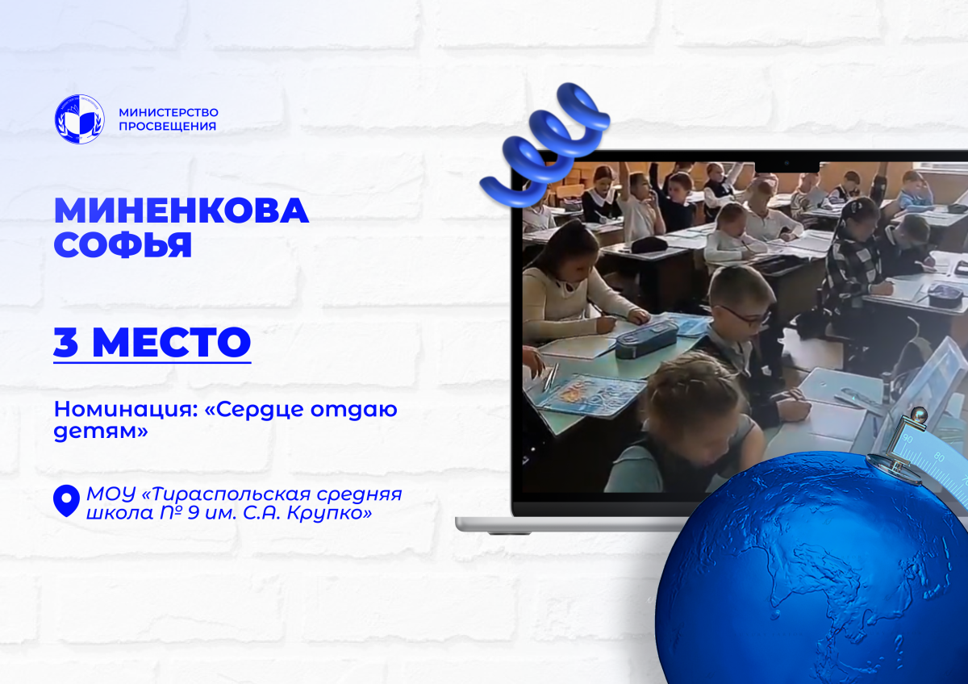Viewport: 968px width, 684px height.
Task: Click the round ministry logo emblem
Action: (80, 119)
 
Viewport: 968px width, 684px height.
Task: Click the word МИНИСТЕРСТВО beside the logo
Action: (169, 112)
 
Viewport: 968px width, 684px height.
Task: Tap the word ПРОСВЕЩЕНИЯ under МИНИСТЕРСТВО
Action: (167, 126)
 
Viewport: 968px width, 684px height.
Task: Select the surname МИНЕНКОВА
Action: (181, 211)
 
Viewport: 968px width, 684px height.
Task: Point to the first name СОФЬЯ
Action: (123, 245)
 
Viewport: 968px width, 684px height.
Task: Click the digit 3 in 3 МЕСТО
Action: (65, 342)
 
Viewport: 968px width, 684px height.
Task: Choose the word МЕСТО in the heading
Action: (172, 342)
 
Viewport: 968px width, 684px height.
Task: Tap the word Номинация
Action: (123, 410)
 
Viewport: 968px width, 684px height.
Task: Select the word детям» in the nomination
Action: (101, 431)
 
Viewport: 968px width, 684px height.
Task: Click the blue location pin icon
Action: (66, 501)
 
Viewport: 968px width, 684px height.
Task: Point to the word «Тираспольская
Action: (230, 494)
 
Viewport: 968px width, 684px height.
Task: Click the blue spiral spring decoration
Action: (544, 144)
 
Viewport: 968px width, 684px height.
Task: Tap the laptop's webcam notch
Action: (787, 166)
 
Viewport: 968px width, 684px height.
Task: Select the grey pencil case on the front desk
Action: (646, 340)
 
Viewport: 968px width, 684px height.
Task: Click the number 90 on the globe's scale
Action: (908, 440)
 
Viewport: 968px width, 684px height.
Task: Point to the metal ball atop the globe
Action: (918, 416)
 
